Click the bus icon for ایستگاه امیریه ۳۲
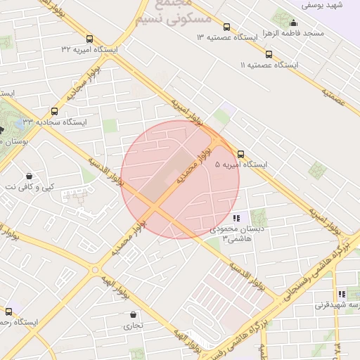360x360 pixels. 89,39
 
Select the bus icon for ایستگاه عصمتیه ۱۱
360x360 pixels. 269,54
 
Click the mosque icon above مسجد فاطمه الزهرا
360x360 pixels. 293,22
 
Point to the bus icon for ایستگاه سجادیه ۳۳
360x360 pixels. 55,111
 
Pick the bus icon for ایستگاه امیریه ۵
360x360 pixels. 241,154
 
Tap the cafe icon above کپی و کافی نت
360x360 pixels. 29,176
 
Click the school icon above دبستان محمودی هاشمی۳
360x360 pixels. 236,219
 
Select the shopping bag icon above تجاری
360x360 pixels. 133,314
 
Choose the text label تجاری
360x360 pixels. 133,326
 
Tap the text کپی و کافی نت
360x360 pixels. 29,187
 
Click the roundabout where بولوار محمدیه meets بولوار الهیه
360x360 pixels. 95,269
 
